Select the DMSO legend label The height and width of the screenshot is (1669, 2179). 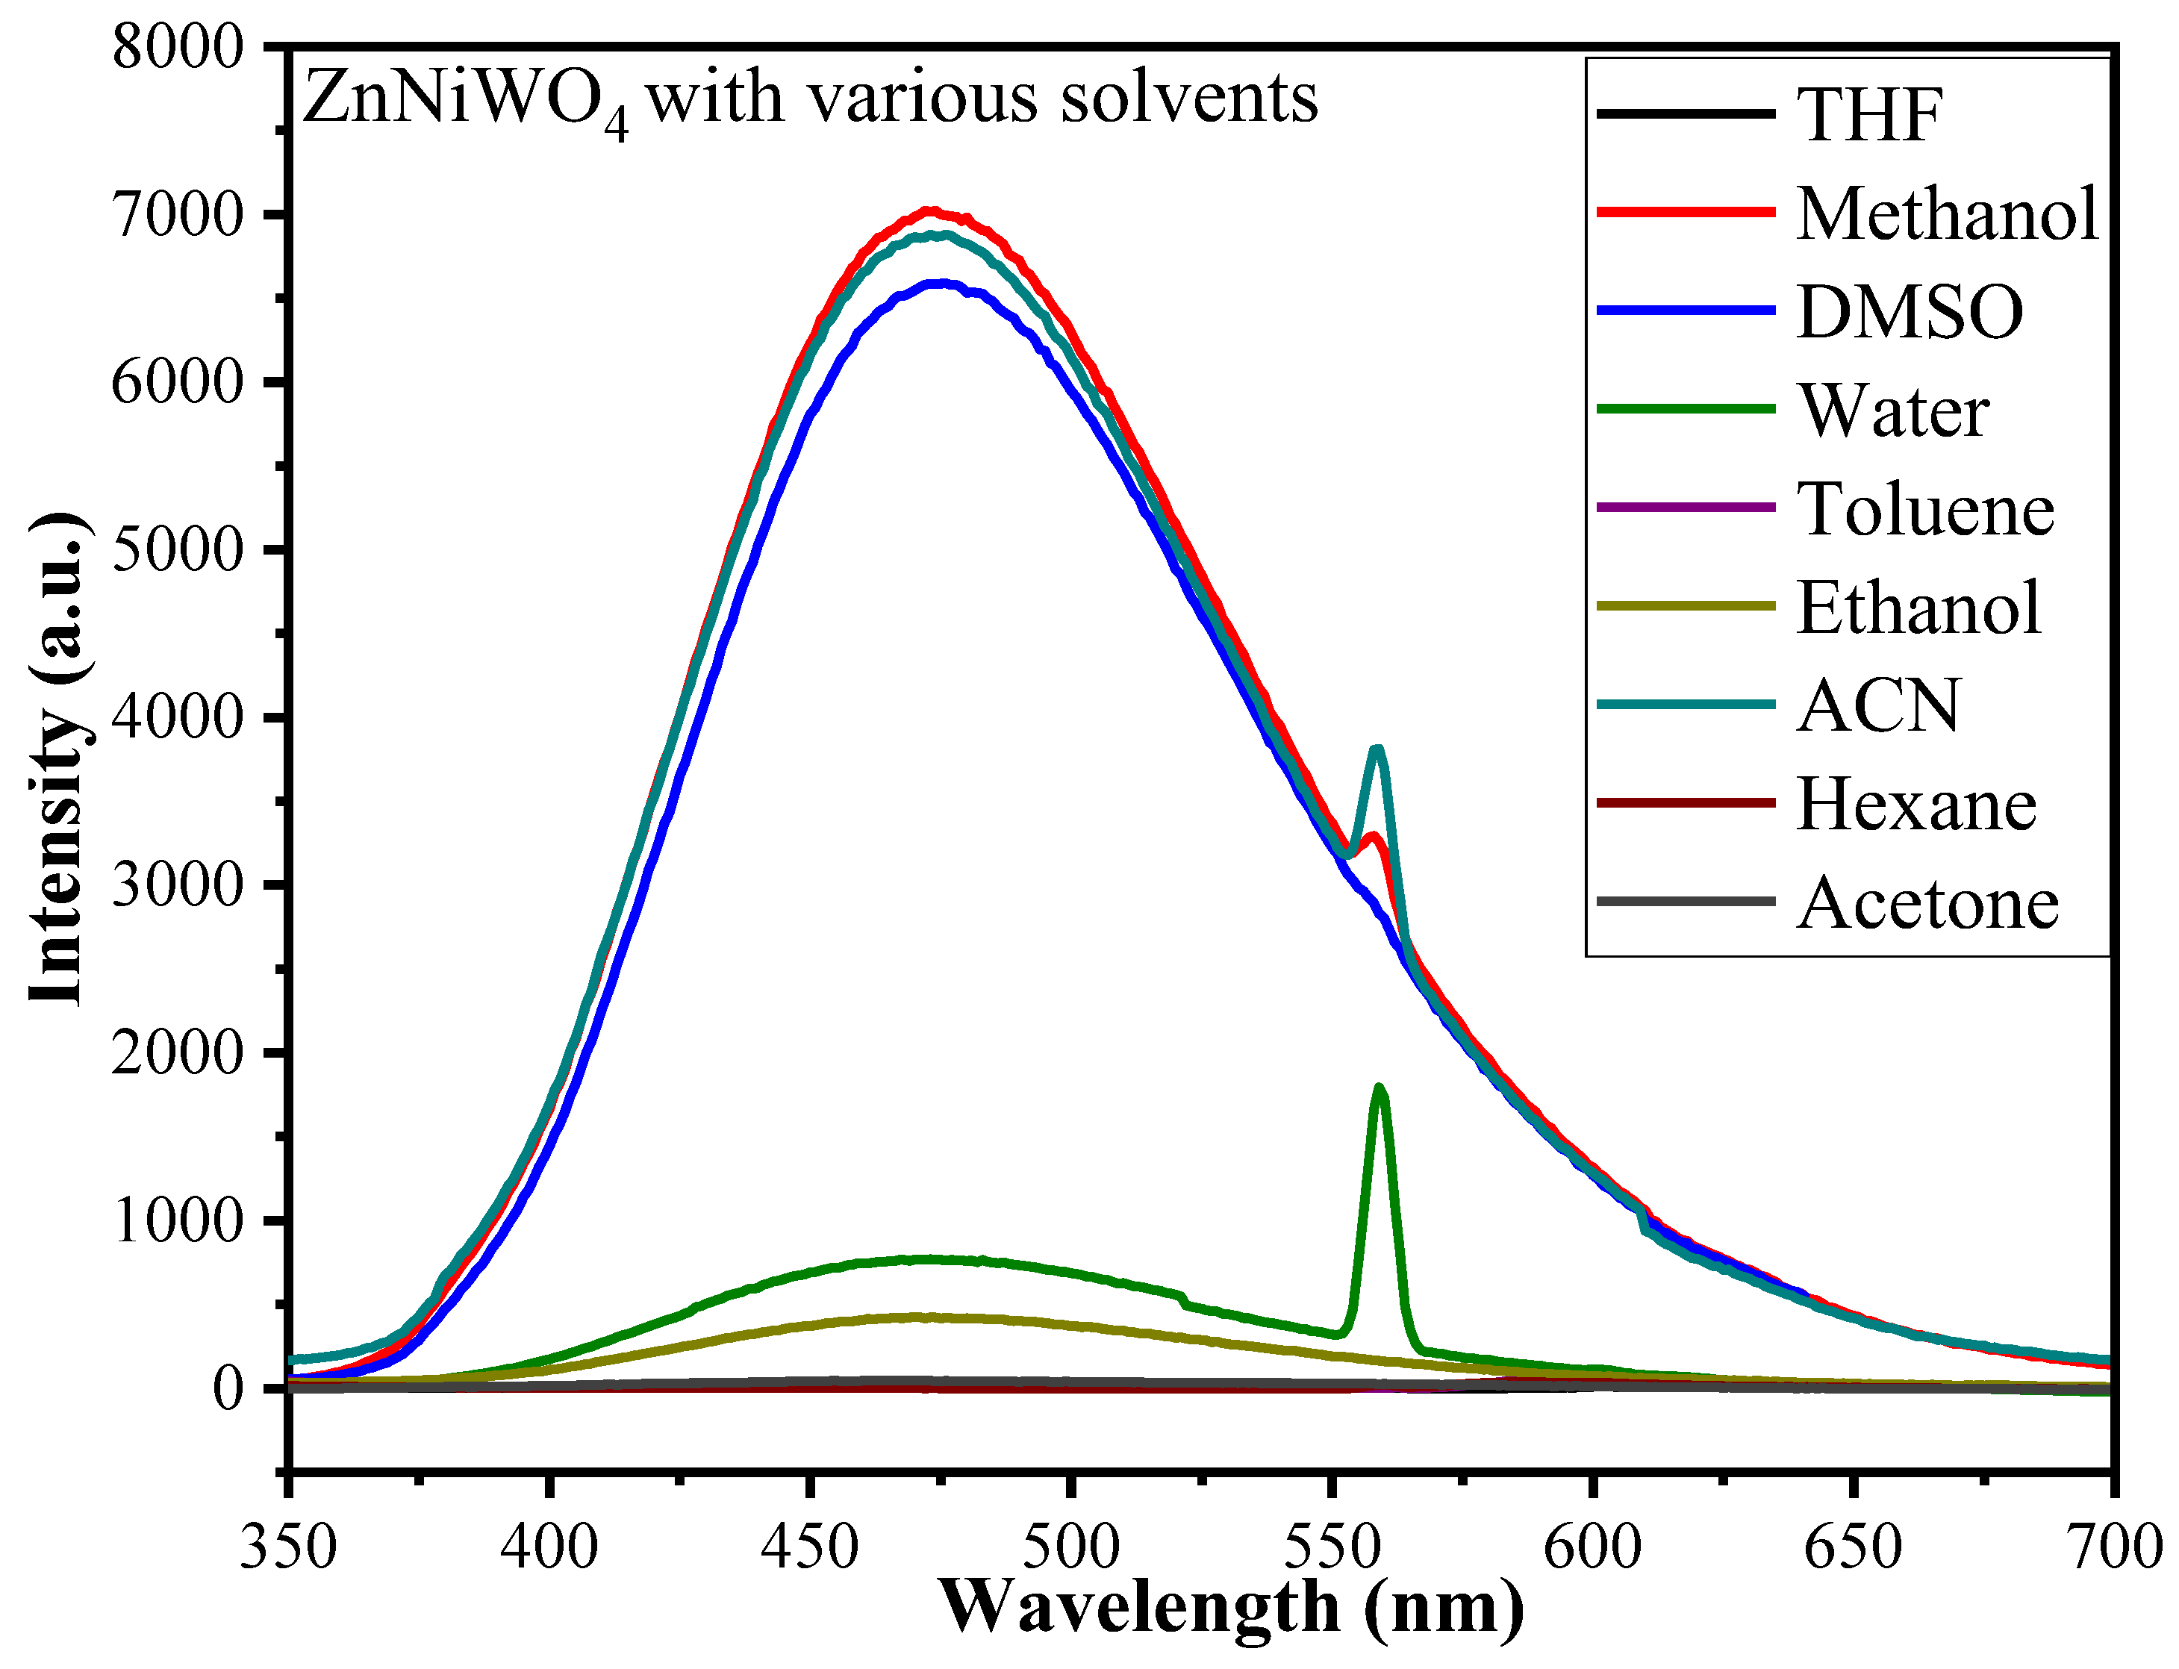1909,312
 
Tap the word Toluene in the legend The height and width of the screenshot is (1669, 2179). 1924,510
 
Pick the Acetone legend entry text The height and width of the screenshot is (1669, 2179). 1927,904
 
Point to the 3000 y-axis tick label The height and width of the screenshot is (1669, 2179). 178,885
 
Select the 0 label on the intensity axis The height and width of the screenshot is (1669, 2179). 228,1387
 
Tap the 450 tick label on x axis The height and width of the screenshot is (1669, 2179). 810,1547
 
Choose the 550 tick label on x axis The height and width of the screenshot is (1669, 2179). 1332,1547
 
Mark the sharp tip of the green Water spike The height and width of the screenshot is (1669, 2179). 1378,1087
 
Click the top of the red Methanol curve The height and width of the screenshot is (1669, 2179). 930,210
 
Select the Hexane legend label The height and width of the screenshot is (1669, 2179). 1915,805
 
